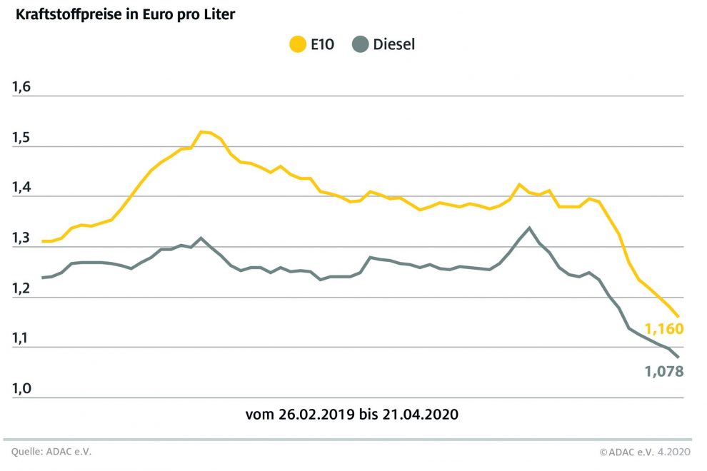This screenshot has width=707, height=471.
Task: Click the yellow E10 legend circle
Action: [x=297, y=44]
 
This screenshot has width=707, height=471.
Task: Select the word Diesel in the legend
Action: [x=393, y=44]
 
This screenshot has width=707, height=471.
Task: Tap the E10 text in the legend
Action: [x=321, y=44]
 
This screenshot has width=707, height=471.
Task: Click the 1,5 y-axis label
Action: [x=21, y=138]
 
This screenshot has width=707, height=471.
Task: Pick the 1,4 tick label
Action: [x=21, y=188]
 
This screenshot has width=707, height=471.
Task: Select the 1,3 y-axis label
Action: [x=21, y=238]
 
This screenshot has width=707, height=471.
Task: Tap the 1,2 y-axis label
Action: [x=21, y=288]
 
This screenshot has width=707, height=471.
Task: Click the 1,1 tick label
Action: [x=21, y=339]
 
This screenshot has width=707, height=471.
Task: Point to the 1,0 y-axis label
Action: [x=21, y=389]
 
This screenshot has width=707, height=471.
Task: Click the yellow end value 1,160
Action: [x=664, y=329]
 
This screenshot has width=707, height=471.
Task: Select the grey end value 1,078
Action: [x=664, y=371]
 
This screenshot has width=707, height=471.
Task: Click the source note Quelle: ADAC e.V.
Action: [x=51, y=452]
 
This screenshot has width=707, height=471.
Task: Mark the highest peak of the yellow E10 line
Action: [x=202, y=131]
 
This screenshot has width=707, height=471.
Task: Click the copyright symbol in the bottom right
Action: [x=603, y=452]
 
